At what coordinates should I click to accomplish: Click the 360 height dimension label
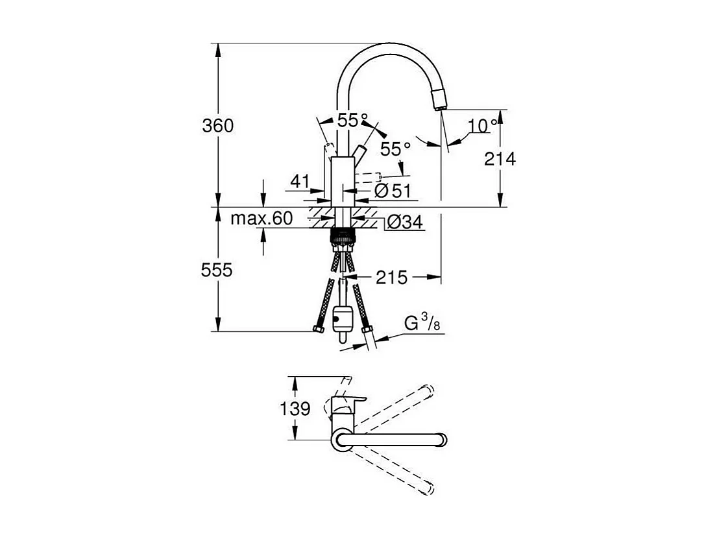click(218, 125)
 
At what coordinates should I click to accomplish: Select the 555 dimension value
click(217, 270)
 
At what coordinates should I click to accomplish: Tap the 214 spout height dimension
click(500, 158)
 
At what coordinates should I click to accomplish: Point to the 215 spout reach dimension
click(392, 278)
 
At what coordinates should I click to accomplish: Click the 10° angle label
click(484, 125)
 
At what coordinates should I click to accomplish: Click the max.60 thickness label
click(261, 219)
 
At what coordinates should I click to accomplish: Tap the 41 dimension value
click(300, 182)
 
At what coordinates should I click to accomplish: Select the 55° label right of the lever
click(395, 149)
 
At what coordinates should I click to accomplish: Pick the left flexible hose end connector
click(318, 329)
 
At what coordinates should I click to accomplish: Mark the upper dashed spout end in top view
click(426, 390)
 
